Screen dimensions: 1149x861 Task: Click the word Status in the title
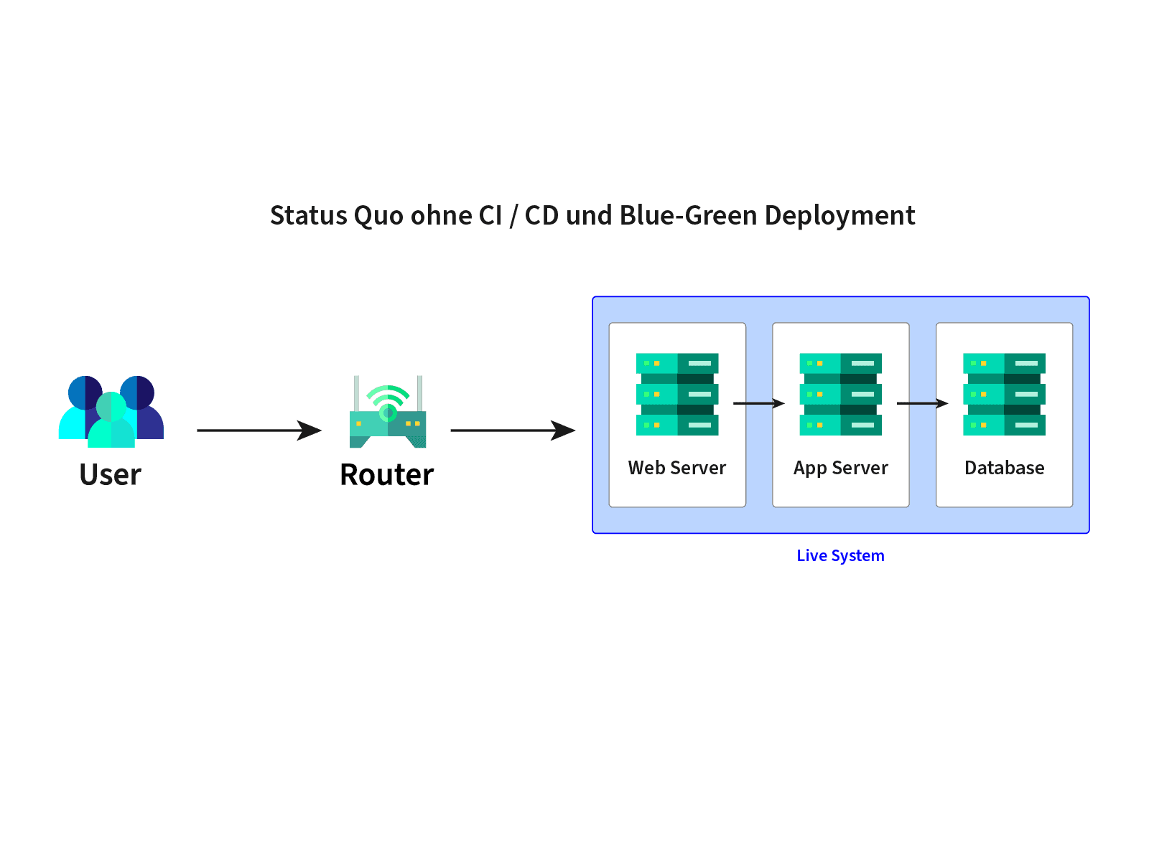coord(308,215)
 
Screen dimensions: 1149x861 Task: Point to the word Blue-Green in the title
coord(688,215)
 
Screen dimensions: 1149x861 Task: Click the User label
coord(110,475)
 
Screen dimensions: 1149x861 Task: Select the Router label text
coord(387,475)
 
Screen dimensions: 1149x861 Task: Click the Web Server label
coord(677,467)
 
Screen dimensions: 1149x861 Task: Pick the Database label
coord(1004,467)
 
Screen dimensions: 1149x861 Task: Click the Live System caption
coord(840,555)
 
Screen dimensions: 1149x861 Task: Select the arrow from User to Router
coord(259,430)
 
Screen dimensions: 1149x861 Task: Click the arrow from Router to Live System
coord(513,430)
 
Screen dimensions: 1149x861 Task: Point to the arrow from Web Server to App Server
coord(759,403)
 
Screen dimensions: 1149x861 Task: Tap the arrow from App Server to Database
coord(922,403)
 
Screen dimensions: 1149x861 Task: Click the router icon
coord(387,411)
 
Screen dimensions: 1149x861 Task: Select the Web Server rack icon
coord(677,394)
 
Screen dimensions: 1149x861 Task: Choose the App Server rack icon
coord(840,394)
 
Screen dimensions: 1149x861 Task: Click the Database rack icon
coord(1004,394)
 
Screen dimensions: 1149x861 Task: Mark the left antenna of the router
coord(356,394)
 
